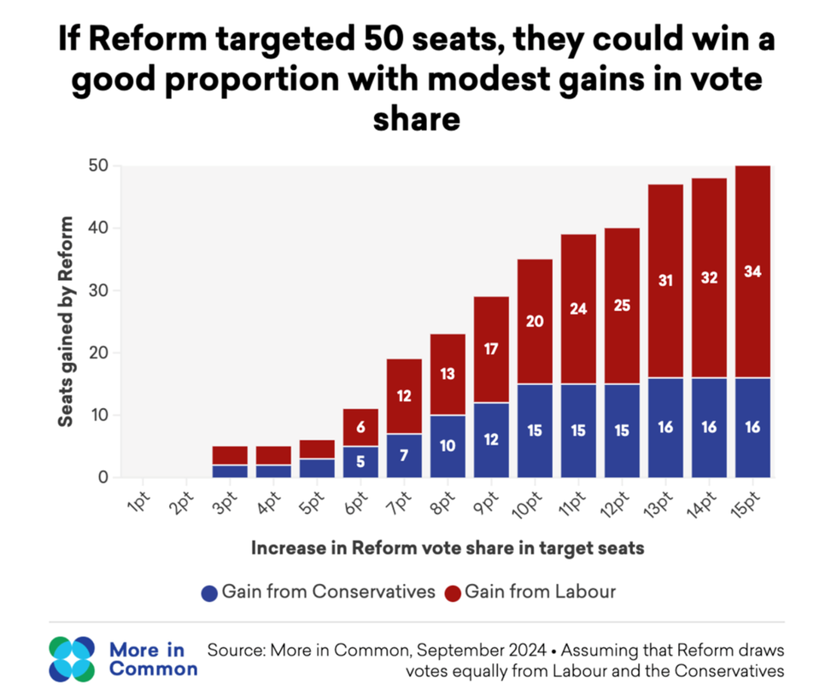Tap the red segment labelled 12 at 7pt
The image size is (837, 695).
click(404, 396)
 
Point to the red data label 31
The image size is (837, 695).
click(665, 278)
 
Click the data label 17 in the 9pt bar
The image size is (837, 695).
click(491, 349)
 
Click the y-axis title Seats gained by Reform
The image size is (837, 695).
click(65, 321)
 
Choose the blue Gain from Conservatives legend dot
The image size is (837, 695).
click(208, 592)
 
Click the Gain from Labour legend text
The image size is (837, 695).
click(540, 592)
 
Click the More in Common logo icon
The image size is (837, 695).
click(73, 659)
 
